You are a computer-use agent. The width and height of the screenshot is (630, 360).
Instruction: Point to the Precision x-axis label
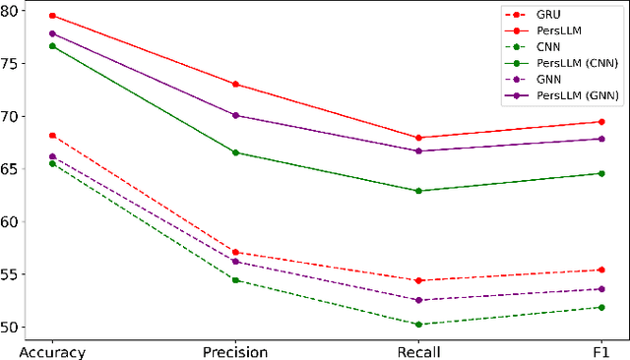[235, 351]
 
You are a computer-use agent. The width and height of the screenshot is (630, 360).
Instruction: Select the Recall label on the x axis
[418, 351]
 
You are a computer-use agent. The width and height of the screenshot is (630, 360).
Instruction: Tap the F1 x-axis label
[601, 351]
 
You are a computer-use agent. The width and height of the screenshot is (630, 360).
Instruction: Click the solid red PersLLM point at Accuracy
[52, 16]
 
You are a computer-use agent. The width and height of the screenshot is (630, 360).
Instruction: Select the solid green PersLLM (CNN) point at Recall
[418, 191]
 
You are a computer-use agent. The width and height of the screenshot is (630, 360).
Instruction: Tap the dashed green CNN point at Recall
[418, 324]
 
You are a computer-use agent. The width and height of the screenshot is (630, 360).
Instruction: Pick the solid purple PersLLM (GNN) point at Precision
[235, 115]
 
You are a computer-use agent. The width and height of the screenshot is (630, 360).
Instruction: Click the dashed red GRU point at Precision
[235, 252]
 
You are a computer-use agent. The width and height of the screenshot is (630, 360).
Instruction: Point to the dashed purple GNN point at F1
[601, 288]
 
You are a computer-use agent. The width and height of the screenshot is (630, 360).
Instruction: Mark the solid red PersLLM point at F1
[601, 122]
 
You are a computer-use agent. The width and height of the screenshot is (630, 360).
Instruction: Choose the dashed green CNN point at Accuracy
[52, 163]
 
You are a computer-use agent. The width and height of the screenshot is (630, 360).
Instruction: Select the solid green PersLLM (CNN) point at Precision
[235, 152]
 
